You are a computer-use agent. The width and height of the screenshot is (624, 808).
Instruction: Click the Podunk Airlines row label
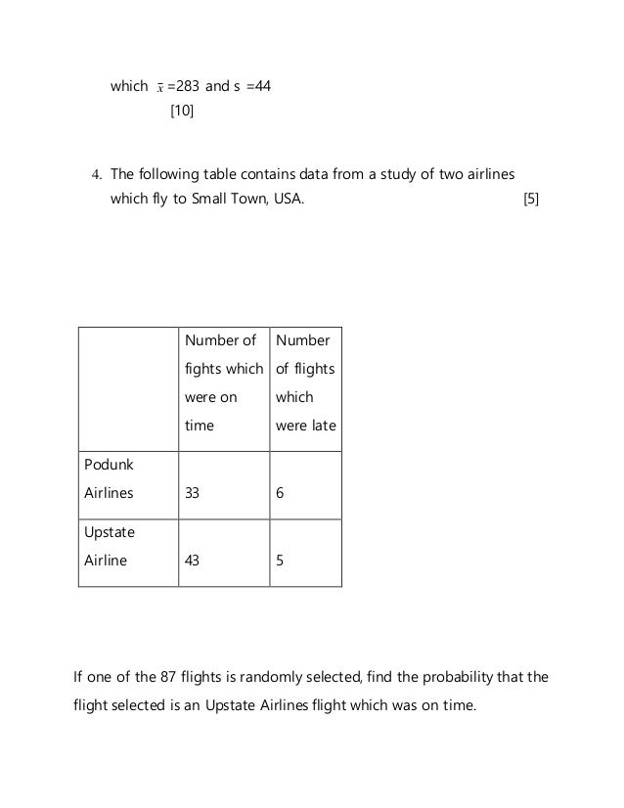click(x=108, y=479)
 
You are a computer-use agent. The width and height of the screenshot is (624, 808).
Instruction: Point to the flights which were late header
click(x=305, y=383)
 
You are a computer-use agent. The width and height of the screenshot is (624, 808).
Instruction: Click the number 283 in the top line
click(x=187, y=86)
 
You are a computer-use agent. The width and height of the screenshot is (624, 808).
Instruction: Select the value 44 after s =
click(x=261, y=86)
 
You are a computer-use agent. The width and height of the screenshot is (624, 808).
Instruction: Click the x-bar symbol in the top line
click(x=158, y=87)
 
